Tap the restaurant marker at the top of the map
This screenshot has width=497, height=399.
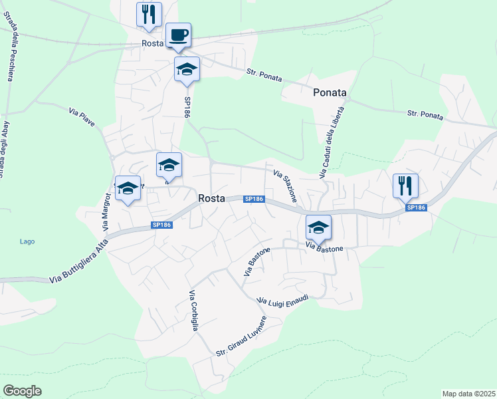point(149,14)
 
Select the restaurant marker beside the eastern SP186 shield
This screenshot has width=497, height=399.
point(405,185)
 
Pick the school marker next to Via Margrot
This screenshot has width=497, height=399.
point(127,190)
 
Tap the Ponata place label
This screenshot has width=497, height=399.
point(330,93)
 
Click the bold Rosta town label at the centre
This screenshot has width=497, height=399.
point(212,198)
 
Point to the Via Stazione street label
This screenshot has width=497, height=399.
point(286,186)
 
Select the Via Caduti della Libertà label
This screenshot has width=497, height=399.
point(331,142)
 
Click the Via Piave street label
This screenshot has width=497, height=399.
point(82,118)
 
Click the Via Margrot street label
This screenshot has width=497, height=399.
point(106,211)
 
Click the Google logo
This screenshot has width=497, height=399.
point(22,391)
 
